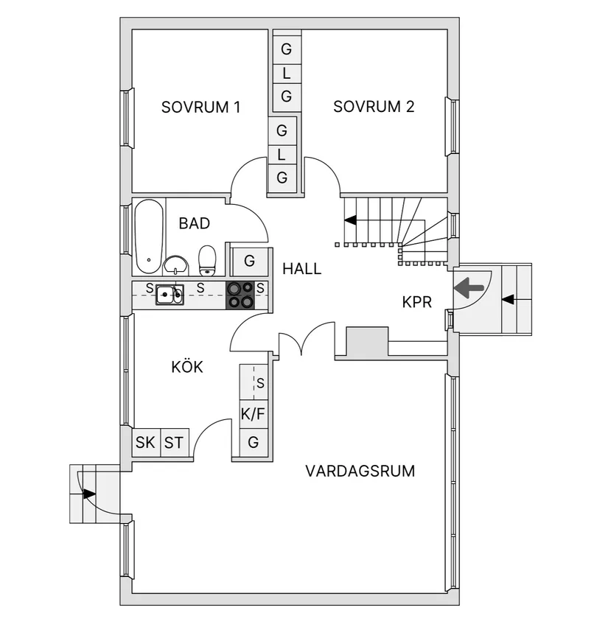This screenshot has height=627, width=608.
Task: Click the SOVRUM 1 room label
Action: (x=200, y=107)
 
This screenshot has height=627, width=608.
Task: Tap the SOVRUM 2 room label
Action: (x=374, y=107)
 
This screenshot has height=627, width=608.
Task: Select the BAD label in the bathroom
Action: (x=195, y=223)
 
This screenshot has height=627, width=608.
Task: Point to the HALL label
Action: (x=302, y=269)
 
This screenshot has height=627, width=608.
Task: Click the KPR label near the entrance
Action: (x=416, y=301)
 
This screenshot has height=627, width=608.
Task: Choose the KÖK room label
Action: (x=187, y=367)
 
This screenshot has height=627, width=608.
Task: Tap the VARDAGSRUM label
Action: (x=360, y=471)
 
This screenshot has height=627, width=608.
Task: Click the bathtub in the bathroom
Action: (x=150, y=236)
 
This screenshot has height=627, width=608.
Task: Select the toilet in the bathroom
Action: (x=207, y=259)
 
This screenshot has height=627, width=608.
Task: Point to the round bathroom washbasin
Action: (x=176, y=265)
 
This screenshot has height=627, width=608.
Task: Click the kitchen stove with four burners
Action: (x=240, y=295)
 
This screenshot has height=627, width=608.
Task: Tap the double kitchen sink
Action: (x=170, y=295)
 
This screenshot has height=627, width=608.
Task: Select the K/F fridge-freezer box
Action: (x=253, y=415)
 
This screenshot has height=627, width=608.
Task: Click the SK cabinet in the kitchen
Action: (x=146, y=443)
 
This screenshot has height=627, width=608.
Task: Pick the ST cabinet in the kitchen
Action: (x=174, y=443)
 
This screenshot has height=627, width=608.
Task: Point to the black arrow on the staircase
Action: (x=350, y=220)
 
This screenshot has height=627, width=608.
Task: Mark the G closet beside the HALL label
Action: (x=249, y=261)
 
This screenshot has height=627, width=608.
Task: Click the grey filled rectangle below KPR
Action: (x=367, y=343)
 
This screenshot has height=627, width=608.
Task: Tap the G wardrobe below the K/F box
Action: (x=253, y=443)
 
